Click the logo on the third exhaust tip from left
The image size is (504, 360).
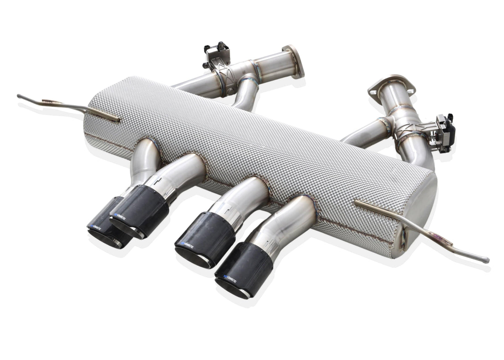[x=188, y=243]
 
